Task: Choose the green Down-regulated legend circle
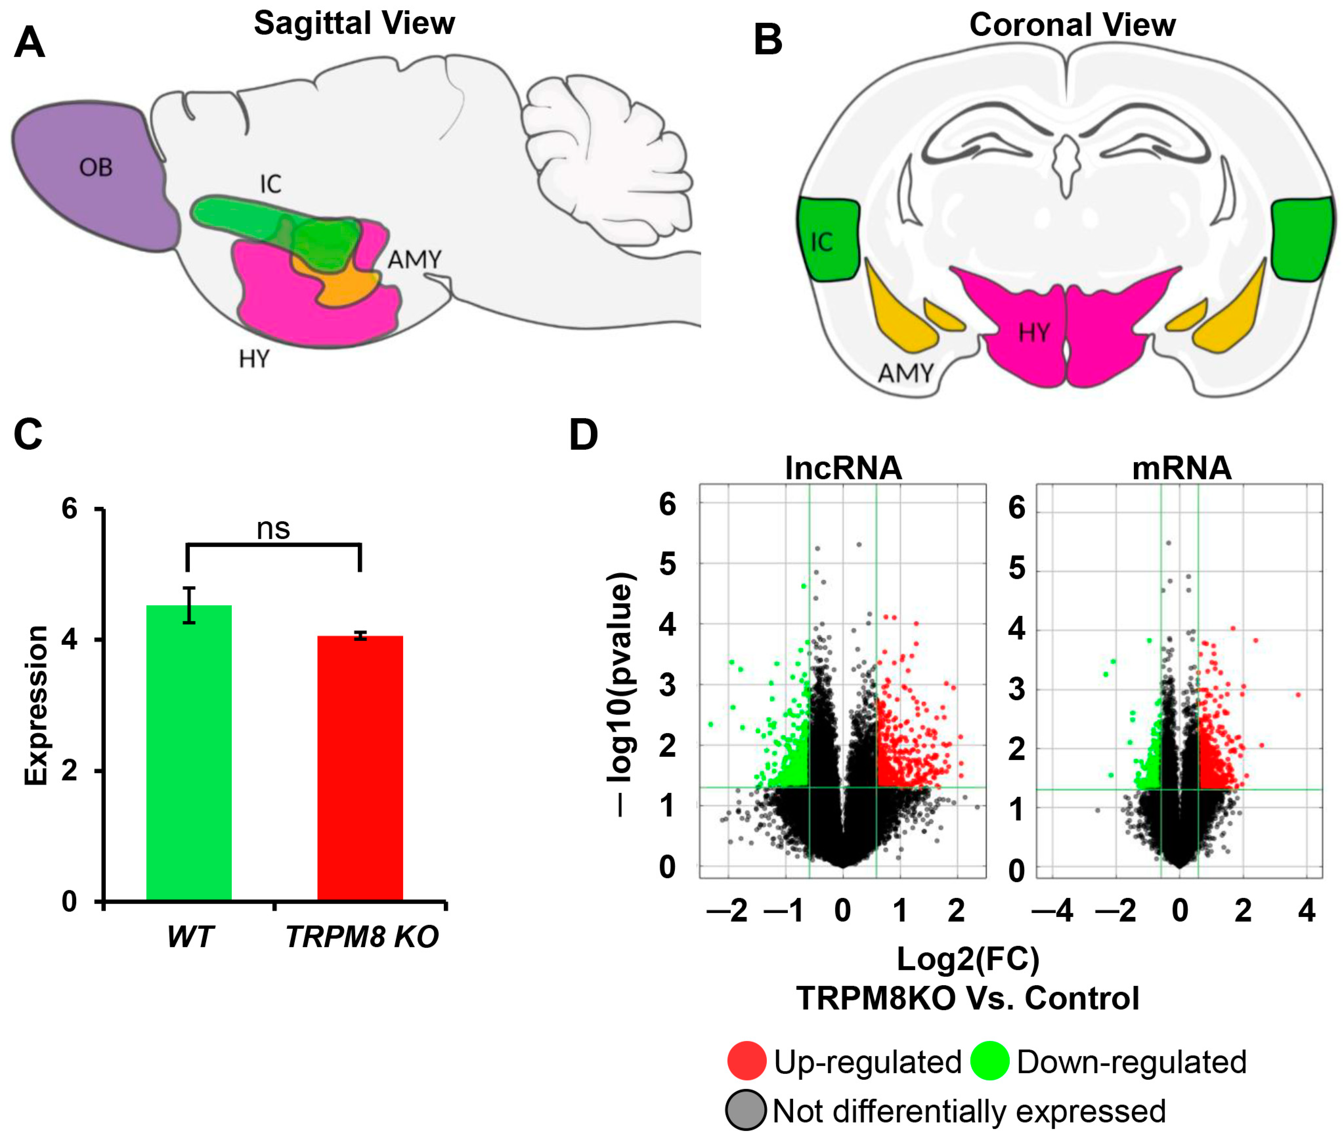point(989,1061)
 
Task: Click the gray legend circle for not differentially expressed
point(746,1110)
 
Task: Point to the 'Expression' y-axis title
point(36,705)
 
